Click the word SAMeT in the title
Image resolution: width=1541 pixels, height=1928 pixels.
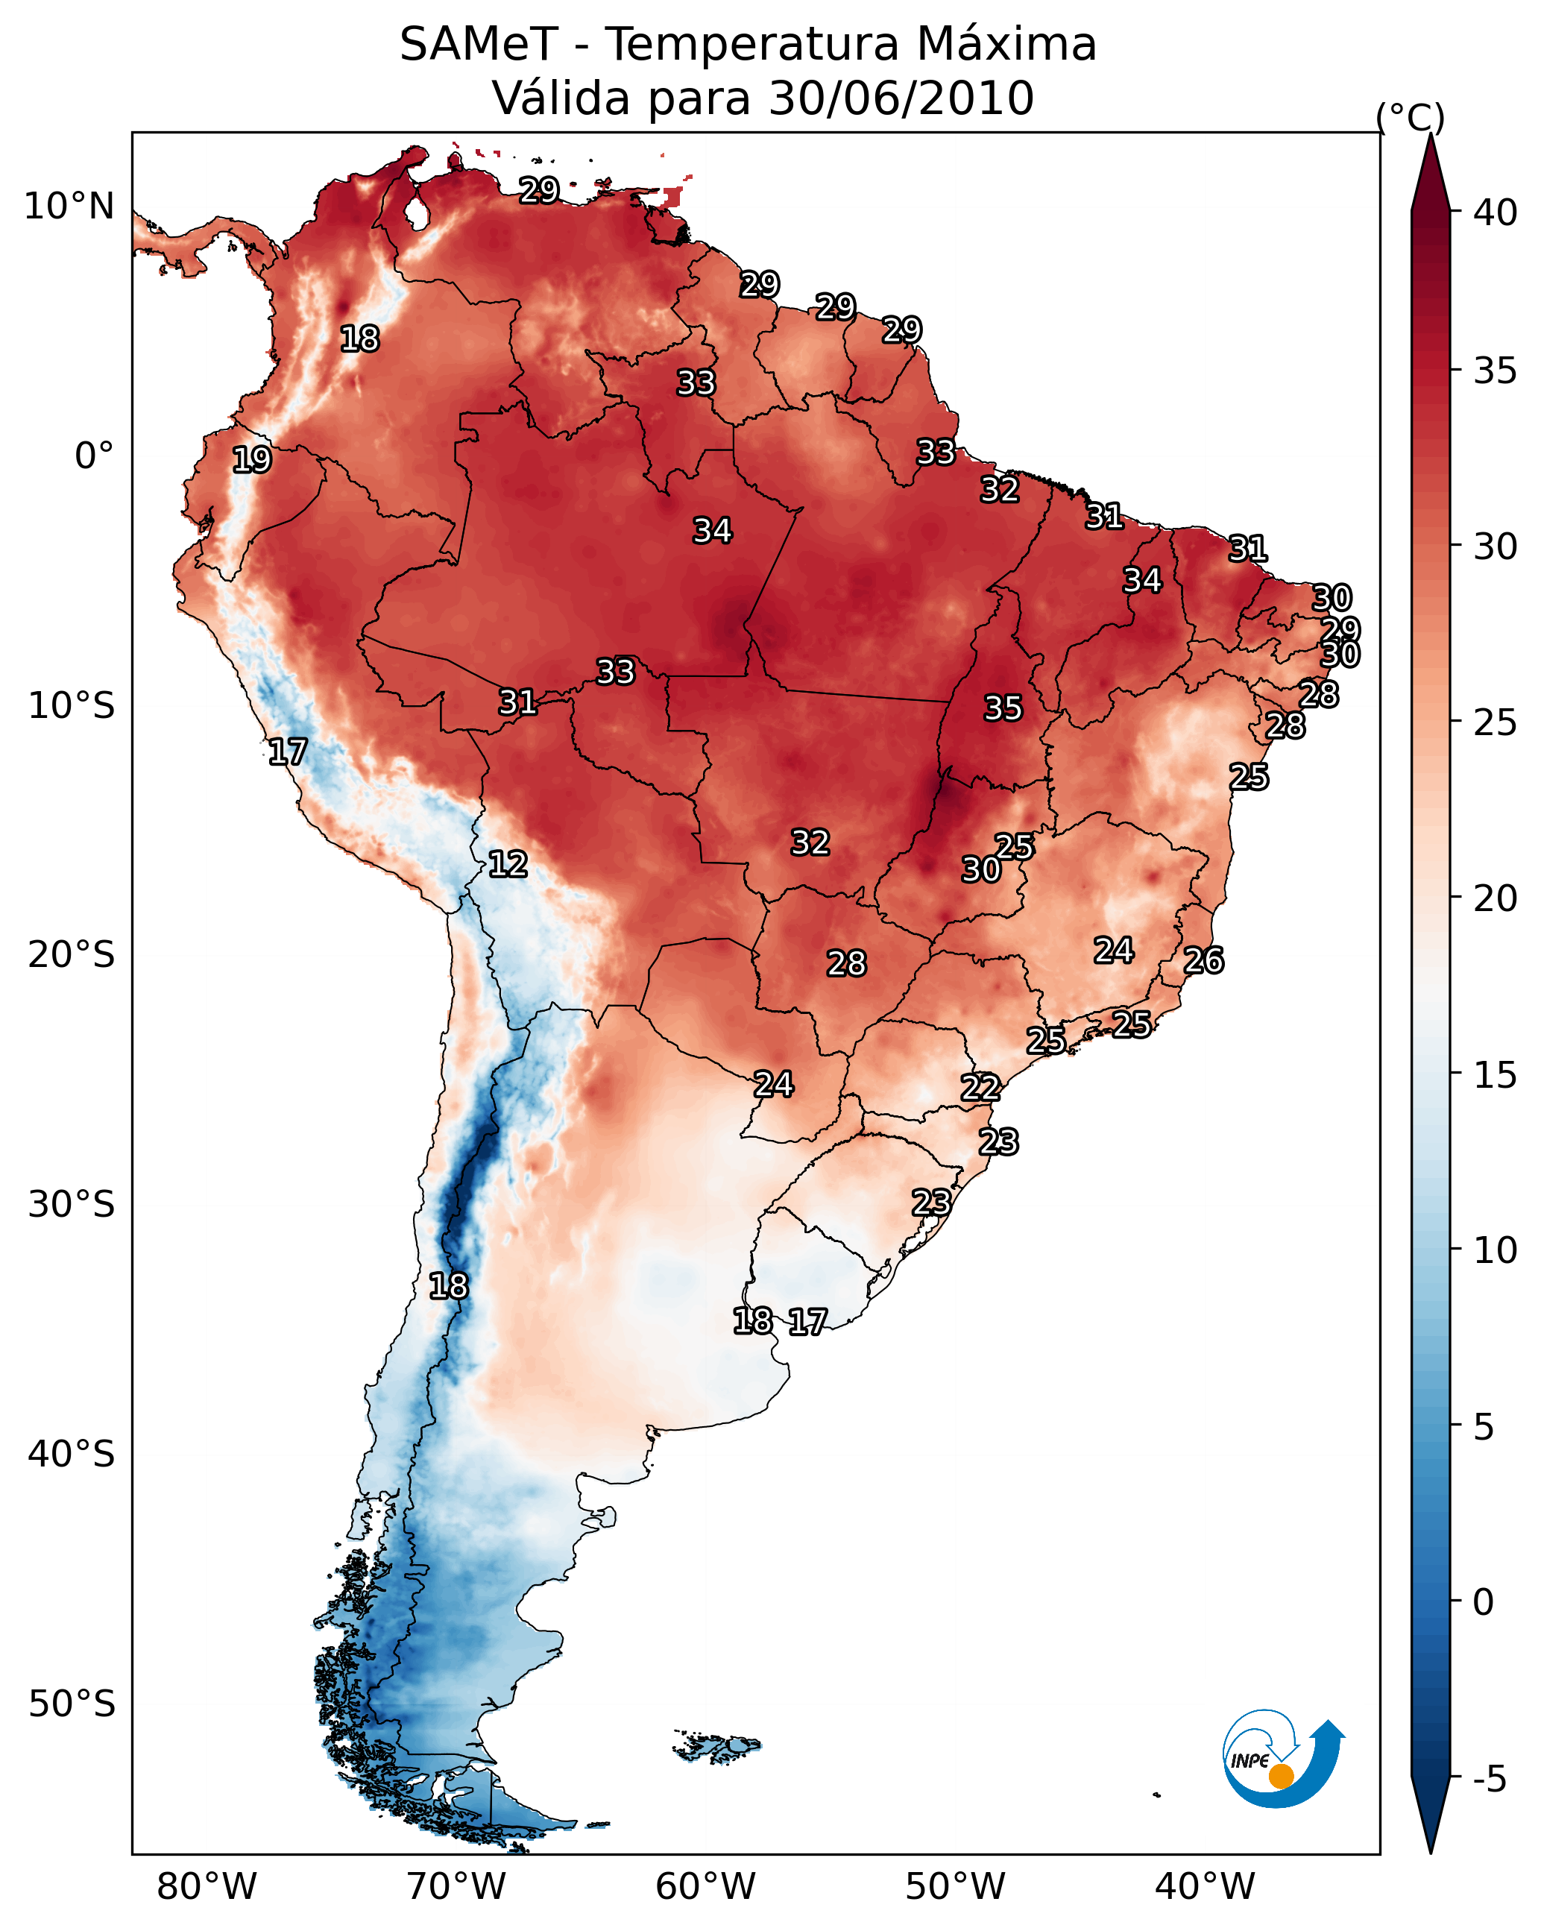click(x=479, y=45)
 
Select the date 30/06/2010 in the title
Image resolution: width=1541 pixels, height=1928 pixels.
click(x=901, y=98)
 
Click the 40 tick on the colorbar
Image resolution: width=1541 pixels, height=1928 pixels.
click(x=1496, y=212)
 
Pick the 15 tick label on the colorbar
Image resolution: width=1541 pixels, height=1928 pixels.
click(x=1496, y=1075)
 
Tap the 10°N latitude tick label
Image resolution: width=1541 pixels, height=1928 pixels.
click(x=69, y=207)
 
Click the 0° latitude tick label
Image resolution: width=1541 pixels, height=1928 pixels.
click(x=94, y=456)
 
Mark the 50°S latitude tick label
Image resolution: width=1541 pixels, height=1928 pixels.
click(x=72, y=1704)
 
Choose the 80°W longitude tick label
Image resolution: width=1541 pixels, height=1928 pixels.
click(x=207, y=1887)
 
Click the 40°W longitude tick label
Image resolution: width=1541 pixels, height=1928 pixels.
click(x=1205, y=1887)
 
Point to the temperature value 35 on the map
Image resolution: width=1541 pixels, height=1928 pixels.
click(x=1003, y=708)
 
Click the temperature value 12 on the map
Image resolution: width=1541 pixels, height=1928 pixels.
click(x=507, y=864)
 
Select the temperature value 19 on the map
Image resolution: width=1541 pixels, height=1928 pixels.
click(x=251, y=460)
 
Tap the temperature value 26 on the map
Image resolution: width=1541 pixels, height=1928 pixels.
click(x=1203, y=960)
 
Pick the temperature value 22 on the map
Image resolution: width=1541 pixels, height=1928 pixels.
click(x=980, y=1088)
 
